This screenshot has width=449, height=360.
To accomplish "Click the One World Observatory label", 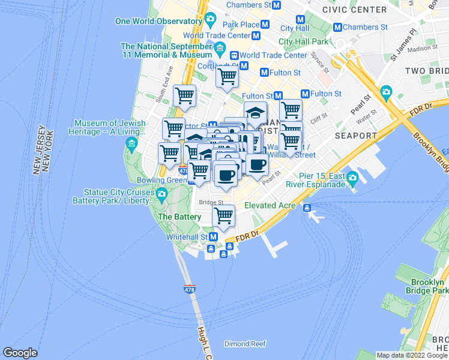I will pos(158,21).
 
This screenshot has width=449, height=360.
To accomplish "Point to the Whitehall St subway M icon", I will pos(212,237).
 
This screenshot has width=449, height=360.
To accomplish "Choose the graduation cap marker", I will pos(255,113).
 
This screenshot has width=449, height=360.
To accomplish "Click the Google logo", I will pos(20,353).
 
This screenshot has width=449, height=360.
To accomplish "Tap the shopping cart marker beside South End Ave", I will pos(184,95).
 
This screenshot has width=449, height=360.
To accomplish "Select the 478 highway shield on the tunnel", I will pos(190,289).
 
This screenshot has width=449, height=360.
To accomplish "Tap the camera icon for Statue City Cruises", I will pos(161,193).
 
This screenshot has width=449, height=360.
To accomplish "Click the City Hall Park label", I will pos(304,41).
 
